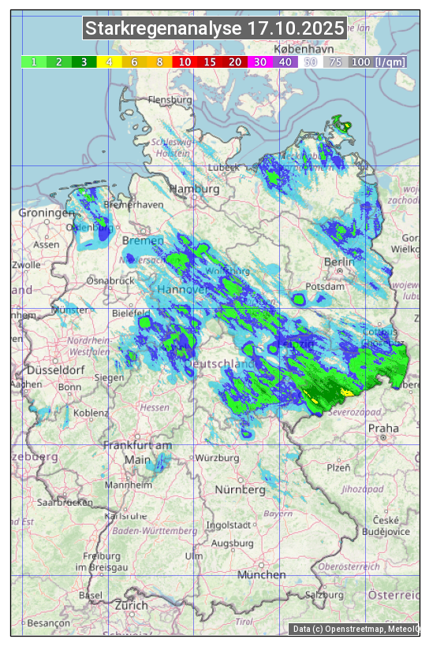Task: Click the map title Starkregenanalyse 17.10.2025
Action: [x=215, y=29]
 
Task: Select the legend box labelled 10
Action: [x=185, y=61]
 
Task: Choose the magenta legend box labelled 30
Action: [x=260, y=61]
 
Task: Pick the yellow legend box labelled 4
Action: [x=110, y=61]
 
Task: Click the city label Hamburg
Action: [x=193, y=189]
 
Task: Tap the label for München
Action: [x=261, y=575]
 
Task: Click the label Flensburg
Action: [x=170, y=100]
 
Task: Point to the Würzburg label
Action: [x=217, y=458]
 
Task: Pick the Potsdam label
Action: [x=326, y=287]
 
